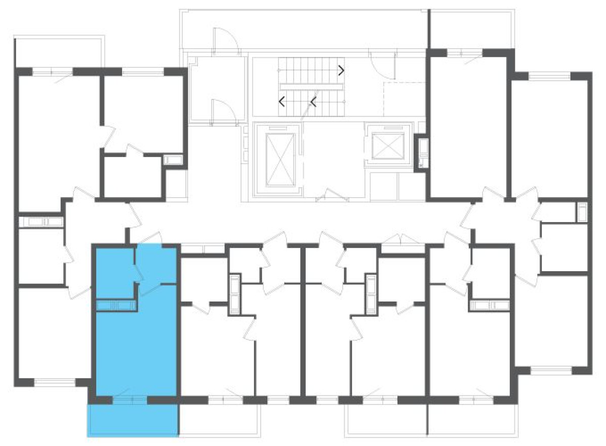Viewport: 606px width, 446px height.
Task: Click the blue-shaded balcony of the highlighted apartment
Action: [x=133, y=420]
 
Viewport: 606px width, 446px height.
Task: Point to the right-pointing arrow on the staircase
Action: [x=341, y=70]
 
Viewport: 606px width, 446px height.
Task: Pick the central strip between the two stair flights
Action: [x=312, y=87]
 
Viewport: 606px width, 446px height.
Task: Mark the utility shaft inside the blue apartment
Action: [x=115, y=305]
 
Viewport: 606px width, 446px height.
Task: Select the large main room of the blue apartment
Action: [x=136, y=350]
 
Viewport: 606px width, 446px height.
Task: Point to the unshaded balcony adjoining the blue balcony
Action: [x=219, y=420]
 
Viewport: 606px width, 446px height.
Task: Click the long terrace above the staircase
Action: [x=304, y=29]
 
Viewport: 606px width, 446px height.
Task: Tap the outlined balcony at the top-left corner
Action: [x=59, y=51]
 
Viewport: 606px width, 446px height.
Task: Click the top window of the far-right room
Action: [x=549, y=76]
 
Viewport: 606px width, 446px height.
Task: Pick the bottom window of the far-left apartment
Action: [x=54, y=382]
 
